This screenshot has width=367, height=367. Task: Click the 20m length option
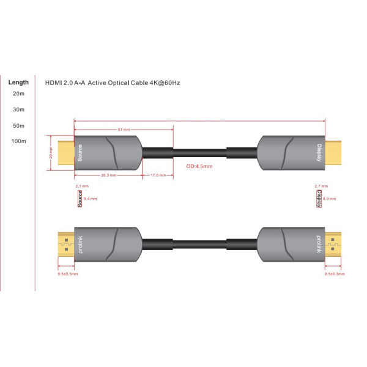[x=18, y=94]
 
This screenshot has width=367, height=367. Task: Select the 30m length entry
[x=18, y=109]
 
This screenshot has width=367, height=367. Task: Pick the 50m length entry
[x=18, y=125]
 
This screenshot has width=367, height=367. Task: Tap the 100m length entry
[x=18, y=141]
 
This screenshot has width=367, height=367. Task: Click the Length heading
[x=18, y=82]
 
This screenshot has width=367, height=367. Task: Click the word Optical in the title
[x=117, y=82]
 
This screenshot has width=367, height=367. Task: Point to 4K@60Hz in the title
[x=164, y=82]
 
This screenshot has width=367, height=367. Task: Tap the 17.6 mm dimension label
[x=158, y=175]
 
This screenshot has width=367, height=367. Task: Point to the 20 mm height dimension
[x=51, y=155]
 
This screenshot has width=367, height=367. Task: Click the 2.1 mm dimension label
[x=82, y=185]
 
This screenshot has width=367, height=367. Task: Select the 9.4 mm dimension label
[x=90, y=198]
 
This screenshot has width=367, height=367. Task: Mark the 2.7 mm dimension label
[x=320, y=185]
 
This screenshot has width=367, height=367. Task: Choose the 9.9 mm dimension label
[x=328, y=198]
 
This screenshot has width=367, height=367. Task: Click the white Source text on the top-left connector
[x=80, y=153]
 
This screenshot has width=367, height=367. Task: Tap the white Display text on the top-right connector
[x=319, y=153]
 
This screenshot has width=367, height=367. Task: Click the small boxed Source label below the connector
[x=80, y=198]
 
